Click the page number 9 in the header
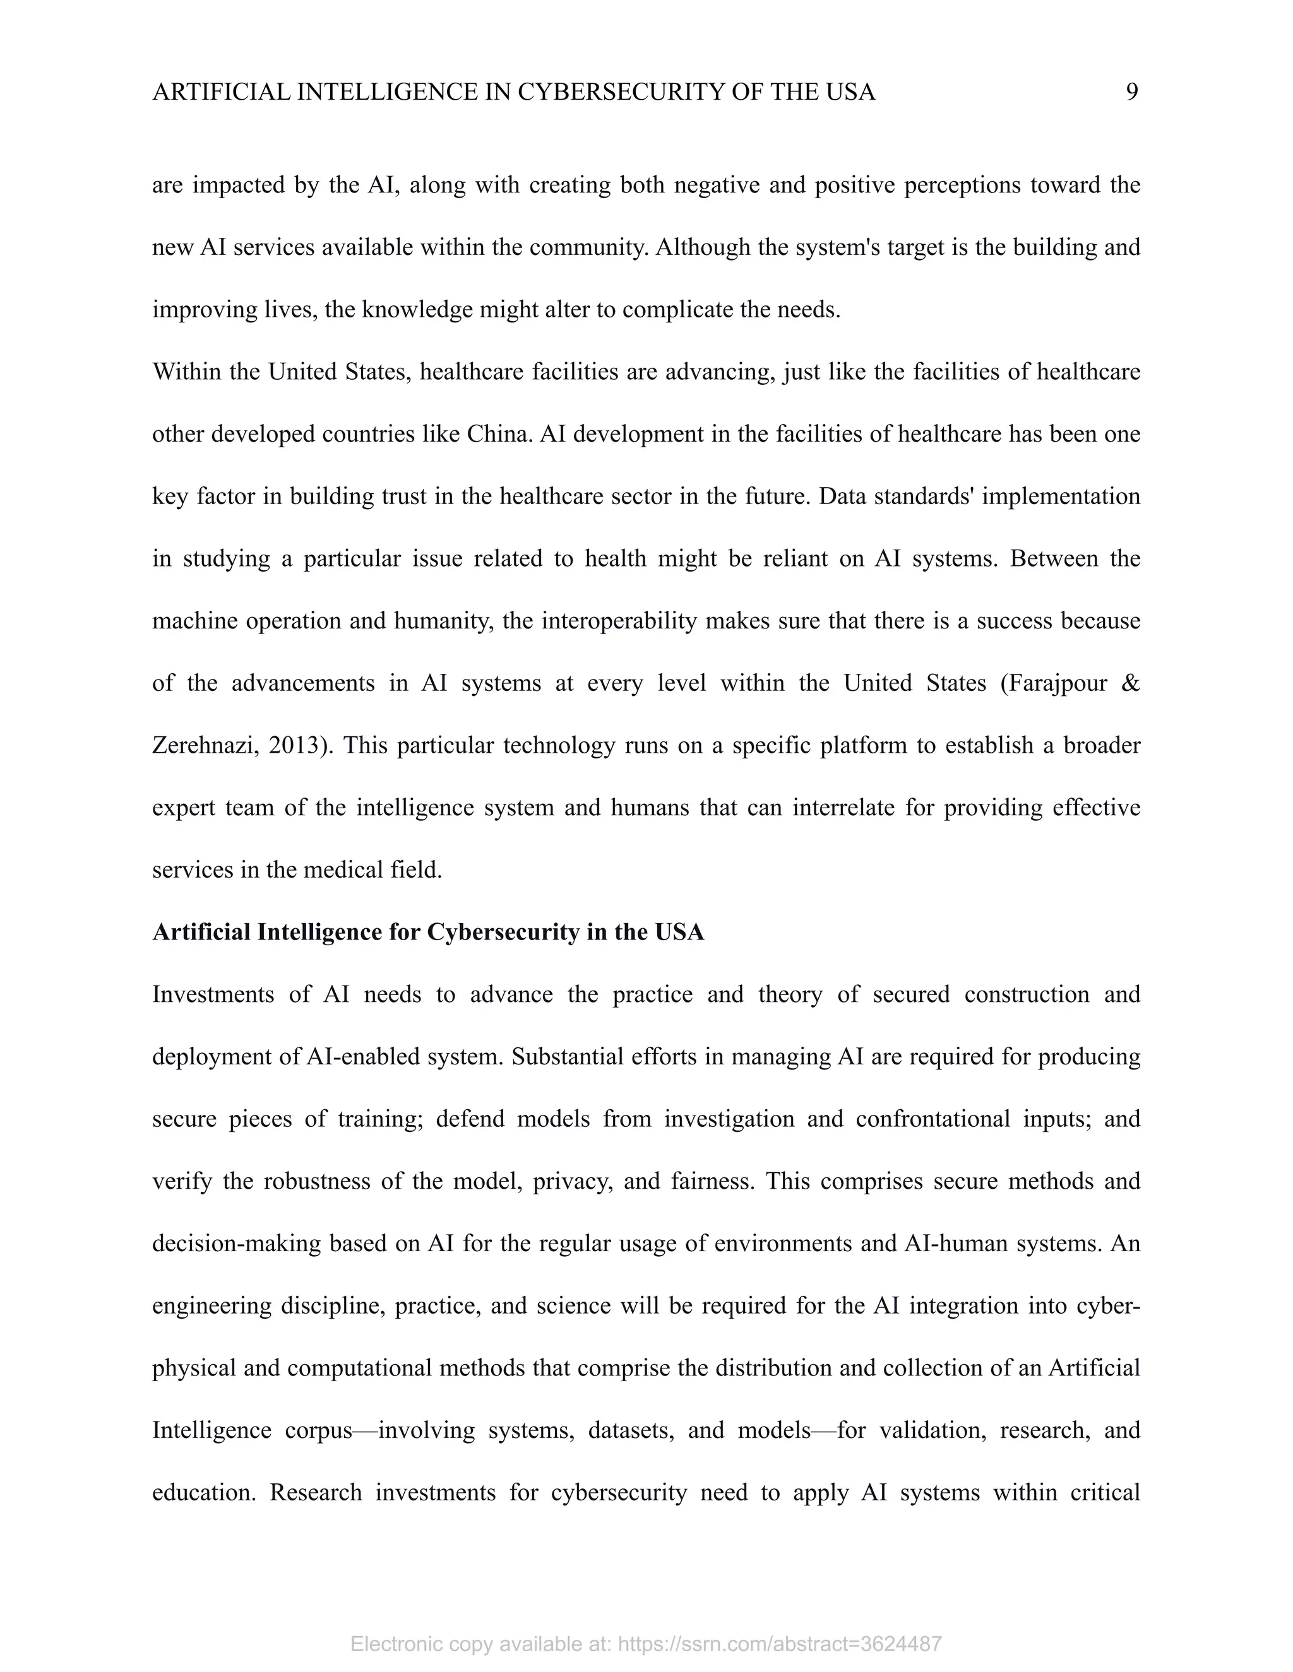pyautogui.click(x=1131, y=92)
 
